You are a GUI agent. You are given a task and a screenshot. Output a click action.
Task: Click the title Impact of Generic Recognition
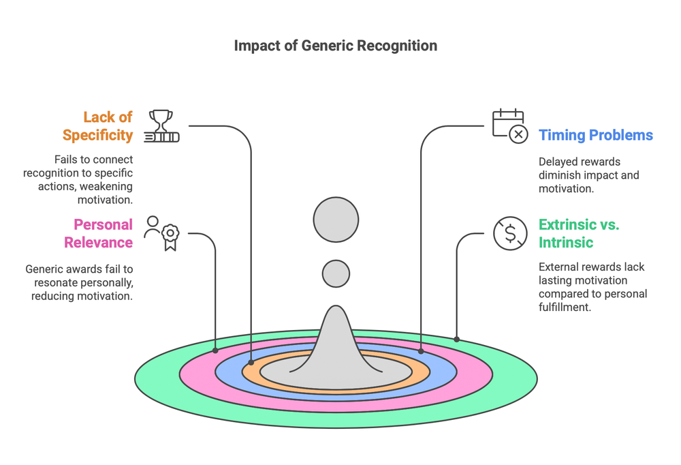(x=335, y=46)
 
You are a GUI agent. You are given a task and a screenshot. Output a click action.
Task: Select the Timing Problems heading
(x=595, y=135)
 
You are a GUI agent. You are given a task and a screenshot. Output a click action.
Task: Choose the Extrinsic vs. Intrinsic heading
(x=579, y=233)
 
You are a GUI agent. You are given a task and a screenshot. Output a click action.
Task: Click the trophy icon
(x=161, y=126)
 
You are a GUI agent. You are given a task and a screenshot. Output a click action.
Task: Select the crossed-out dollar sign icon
(x=510, y=233)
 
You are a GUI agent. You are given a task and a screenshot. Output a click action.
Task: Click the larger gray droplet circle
(x=336, y=220)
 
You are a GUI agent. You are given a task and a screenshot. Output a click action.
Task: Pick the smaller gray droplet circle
(x=336, y=273)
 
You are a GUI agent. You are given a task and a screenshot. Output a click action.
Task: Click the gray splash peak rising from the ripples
(x=336, y=341)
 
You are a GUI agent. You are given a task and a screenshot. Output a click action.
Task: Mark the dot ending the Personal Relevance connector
(x=216, y=350)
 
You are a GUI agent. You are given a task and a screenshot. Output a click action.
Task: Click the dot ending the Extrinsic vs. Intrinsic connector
(x=457, y=339)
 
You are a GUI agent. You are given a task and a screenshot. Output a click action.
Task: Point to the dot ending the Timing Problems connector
(x=422, y=351)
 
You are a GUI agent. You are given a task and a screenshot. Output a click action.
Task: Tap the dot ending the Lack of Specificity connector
(x=251, y=363)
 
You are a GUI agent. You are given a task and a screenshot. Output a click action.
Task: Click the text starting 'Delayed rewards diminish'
(x=588, y=175)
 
